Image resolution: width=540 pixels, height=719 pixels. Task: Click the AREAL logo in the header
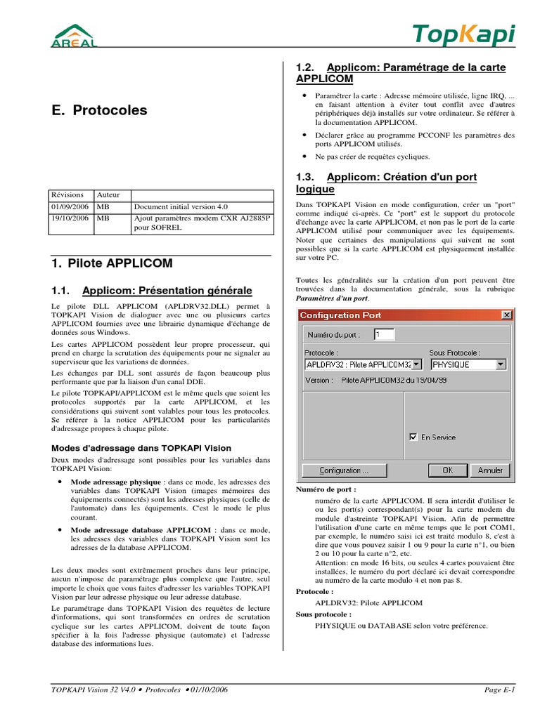pos(71,35)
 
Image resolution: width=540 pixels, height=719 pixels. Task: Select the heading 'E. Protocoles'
pos(100,110)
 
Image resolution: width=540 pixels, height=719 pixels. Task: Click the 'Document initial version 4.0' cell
pos(181,207)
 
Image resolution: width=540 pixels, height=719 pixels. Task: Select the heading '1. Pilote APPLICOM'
pos(112,263)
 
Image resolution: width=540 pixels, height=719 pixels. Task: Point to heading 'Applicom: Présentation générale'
pos(167,291)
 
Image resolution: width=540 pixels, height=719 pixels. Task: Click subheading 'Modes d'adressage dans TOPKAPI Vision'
pos(142,448)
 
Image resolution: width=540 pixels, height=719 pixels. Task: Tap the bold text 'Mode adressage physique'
pos(116,482)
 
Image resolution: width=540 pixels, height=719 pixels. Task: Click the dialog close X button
pos(506,315)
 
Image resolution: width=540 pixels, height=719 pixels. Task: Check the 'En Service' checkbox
pos(413,437)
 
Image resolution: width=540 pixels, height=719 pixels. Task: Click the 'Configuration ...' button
pos(345,470)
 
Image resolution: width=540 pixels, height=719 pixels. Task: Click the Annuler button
pos(490,470)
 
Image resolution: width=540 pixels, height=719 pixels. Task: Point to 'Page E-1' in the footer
pos(500,690)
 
